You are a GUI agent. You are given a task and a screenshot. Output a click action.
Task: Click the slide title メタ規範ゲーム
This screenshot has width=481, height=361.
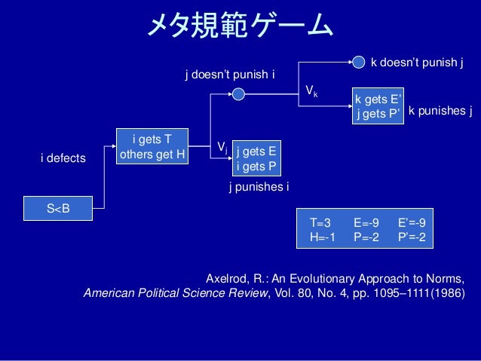point(239,28)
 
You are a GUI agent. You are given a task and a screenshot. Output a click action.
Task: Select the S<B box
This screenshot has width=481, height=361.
point(58,208)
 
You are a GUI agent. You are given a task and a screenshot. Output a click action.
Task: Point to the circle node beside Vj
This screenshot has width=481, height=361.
point(238,94)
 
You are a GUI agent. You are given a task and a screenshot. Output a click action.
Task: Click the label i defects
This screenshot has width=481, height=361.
point(63,158)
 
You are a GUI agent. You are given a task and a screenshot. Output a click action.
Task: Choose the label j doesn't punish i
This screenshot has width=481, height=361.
point(230,75)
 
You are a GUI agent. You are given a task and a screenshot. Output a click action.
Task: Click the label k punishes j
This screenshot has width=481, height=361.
point(440,112)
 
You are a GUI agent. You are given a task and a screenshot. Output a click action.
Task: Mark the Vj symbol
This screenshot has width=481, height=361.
point(222,145)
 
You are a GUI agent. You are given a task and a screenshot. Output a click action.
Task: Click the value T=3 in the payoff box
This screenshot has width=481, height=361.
point(320,223)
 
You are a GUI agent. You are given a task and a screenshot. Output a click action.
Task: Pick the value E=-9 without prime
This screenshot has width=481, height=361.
point(366,223)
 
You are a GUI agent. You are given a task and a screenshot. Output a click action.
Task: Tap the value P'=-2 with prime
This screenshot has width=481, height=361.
point(412,237)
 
